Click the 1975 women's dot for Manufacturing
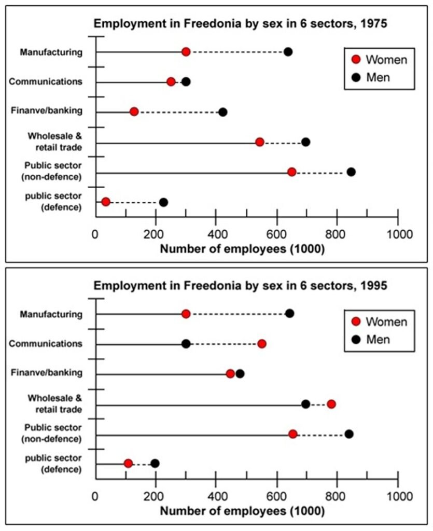tap(186, 52)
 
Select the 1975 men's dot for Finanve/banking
tap(222, 112)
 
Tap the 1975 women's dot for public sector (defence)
tap(106, 202)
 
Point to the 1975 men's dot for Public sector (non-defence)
tap(351, 172)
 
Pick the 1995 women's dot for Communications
tap(262, 344)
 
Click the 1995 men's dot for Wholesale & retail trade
tap(306, 404)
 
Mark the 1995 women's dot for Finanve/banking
tap(231, 374)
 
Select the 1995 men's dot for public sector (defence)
tap(155, 464)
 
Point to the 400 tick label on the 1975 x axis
tap(216, 233)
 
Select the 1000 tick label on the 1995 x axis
tap(398, 495)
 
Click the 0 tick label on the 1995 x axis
tap(95, 495)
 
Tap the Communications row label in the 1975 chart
tap(53, 82)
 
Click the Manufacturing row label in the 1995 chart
tap(51, 314)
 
